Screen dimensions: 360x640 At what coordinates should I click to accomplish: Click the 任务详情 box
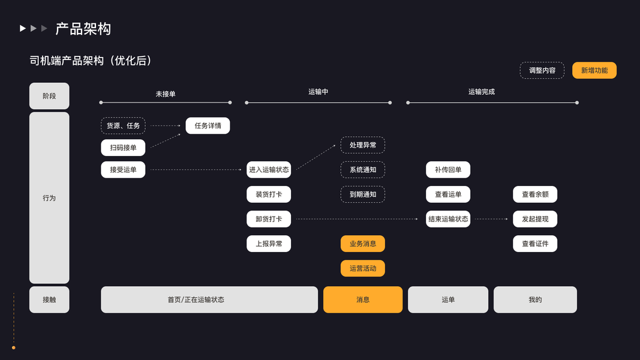coord(208,125)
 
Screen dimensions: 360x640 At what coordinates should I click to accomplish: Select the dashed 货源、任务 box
coord(123,125)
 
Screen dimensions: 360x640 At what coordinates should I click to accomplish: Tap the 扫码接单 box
coord(123,148)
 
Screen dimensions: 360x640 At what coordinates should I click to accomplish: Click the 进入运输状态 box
coord(269,170)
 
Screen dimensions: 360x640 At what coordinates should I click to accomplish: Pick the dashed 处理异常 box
coord(363,145)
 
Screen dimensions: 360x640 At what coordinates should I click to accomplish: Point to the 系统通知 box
coord(363,170)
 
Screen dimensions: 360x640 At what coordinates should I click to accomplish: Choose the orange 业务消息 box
coord(363,244)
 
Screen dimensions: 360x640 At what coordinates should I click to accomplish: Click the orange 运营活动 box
coord(363,268)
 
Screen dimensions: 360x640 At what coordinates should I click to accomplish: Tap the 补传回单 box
coord(448,170)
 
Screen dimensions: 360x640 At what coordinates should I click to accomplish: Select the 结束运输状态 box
coord(448,219)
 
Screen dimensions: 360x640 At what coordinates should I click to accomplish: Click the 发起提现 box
coord(535,219)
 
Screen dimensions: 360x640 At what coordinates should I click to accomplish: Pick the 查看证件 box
coord(535,244)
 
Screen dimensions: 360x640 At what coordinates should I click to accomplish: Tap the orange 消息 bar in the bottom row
coord(363,299)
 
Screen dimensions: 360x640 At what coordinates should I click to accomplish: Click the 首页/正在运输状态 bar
coord(209,299)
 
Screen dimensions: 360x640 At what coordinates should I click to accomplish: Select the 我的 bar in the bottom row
coord(535,299)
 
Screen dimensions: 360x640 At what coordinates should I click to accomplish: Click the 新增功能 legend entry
coord(594,70)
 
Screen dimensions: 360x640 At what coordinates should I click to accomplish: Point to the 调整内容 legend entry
coord(542,70)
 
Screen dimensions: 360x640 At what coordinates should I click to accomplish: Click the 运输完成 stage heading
coord(482,92)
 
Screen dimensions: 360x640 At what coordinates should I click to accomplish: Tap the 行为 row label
coord(49,197)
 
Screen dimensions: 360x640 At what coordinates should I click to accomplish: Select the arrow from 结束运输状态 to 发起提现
coord(492,219)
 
